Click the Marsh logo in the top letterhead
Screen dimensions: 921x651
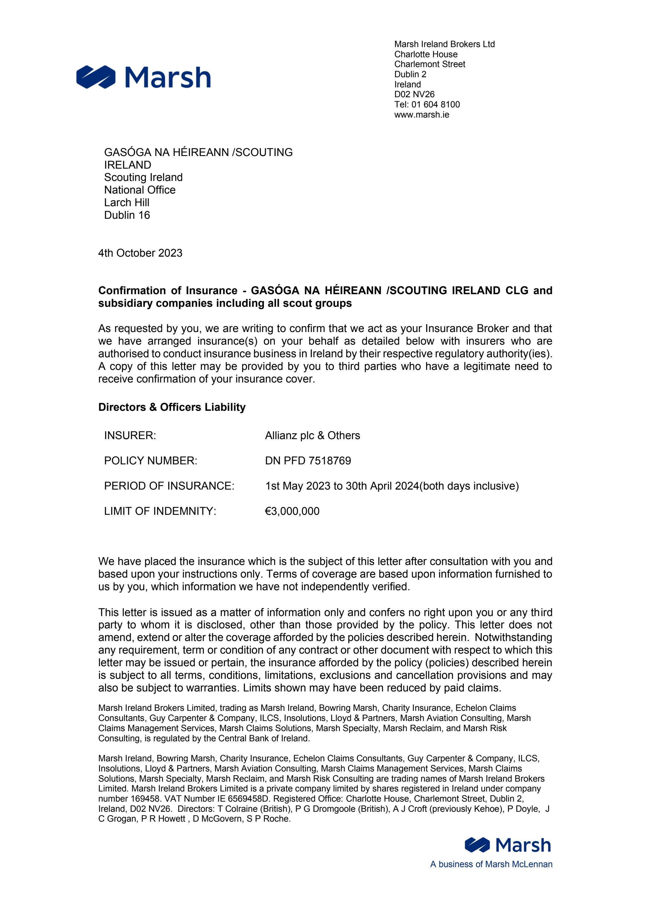[x=143, y=77]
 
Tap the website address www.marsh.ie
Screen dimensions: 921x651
[x=421, y=115]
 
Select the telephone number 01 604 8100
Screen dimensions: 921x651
[x=436, y=105]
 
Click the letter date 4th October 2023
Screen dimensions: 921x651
[x=140, y=253]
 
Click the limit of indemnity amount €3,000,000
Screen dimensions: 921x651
[x=292, y=511]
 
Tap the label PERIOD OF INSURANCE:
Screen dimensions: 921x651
[x=169, y=486]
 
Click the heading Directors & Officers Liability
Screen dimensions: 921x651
[x=172, y=407]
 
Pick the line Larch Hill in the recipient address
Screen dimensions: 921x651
[x=127, y=202]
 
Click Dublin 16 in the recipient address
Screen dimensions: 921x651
[x=127, y=215]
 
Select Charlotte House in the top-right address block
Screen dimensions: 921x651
[x=425, y=54]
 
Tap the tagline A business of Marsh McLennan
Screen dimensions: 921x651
[x=491, y=864]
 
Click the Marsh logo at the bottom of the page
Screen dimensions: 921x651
[x=508, y=845]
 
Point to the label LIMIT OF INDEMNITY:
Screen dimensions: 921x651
[x=160, y=511]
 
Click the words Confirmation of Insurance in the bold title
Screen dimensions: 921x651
[x=168, y=290]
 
